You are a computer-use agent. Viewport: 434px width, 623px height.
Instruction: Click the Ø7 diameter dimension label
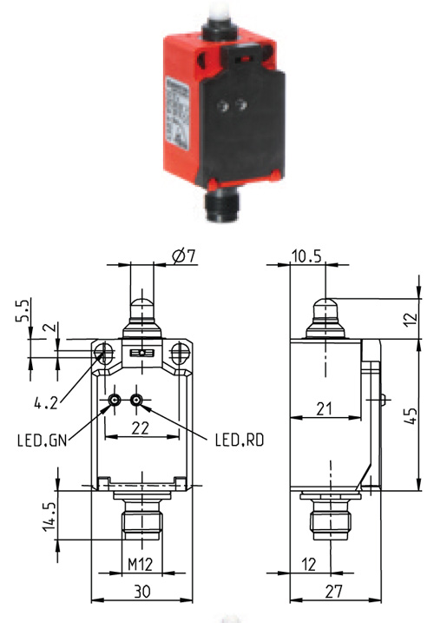184,255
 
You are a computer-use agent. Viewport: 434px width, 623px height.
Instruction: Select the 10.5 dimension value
306,256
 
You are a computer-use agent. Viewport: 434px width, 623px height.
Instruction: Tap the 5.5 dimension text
23,311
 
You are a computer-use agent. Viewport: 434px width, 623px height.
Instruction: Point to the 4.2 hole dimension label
46,404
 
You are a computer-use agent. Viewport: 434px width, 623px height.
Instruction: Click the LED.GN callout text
42,441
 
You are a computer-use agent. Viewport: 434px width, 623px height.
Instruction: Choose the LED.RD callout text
240,440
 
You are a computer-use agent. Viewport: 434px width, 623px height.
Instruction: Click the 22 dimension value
140,428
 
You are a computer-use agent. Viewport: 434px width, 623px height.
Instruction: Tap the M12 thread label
140,564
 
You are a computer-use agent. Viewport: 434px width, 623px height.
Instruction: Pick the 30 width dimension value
141,592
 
